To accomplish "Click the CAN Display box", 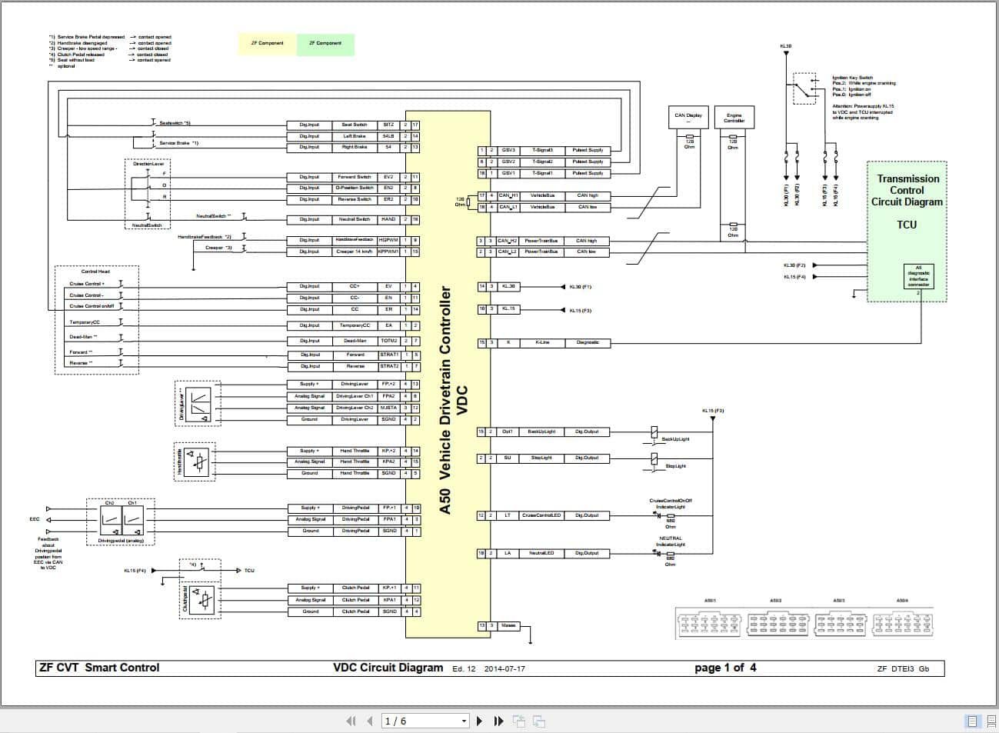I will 688,118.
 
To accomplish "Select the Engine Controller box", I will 734,118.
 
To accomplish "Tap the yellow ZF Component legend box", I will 267,44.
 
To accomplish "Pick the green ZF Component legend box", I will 325,44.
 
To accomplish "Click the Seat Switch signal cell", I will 355,125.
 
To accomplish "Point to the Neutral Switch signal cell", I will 355,219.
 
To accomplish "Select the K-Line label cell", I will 542,342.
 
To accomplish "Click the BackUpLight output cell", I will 541,431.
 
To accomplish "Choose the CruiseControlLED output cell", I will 541,515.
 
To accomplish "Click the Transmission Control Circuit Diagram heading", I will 907,191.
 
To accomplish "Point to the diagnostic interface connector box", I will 918,276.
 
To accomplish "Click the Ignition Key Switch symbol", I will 804,88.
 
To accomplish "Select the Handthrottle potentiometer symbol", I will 199,461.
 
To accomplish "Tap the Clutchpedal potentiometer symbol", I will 203,600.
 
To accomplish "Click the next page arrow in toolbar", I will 480,721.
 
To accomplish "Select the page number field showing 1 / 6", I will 425,721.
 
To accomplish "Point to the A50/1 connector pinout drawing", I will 709,623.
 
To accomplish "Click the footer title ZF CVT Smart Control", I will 99,668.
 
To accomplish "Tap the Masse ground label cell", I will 508,625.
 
